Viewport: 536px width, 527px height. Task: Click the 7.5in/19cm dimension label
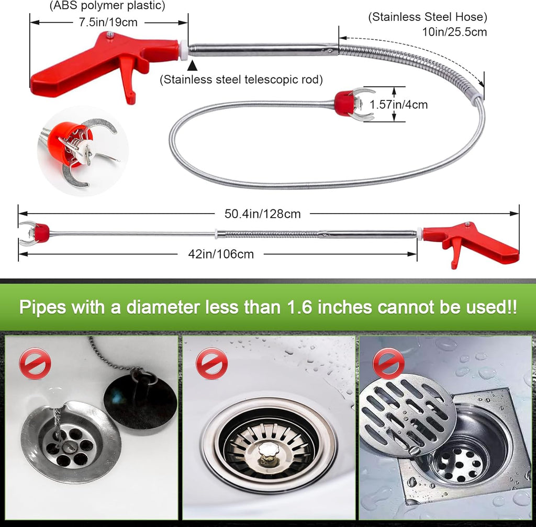pos(108,23)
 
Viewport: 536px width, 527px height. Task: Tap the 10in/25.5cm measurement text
pos(454,32)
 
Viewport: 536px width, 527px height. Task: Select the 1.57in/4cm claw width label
pos(398,105)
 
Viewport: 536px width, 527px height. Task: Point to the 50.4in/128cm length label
pos(263,214)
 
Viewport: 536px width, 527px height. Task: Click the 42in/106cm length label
pos(221,254)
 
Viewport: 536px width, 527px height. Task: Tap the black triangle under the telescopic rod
pos(193,65)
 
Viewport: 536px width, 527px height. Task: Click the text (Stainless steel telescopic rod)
pos(241,80)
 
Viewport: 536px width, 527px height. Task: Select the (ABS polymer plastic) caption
pos(107,6)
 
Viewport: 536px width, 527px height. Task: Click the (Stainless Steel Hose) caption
pos(428,17)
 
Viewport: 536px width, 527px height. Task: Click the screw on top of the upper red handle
pos(110,35)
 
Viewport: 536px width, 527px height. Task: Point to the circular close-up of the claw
pos(83,151)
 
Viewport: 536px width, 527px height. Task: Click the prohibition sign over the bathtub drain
pos(35,363)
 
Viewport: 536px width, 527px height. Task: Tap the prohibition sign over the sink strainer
pos(211,363)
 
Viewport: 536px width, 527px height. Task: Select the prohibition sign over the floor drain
pos(388,363)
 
